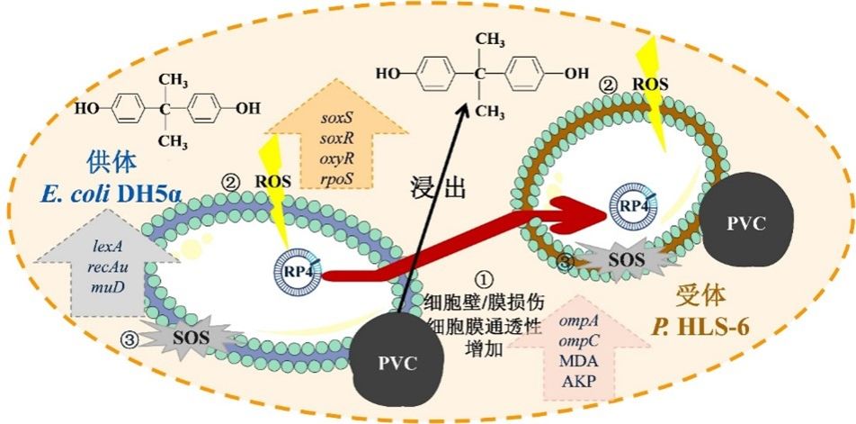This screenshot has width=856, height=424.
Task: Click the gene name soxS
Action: pyautogui.click(x=338, y=116)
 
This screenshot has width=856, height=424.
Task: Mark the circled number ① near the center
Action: pyautogui.click(x=485, y=277)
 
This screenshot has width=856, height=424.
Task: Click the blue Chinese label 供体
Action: pyautogui.click(x=110, y=161)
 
